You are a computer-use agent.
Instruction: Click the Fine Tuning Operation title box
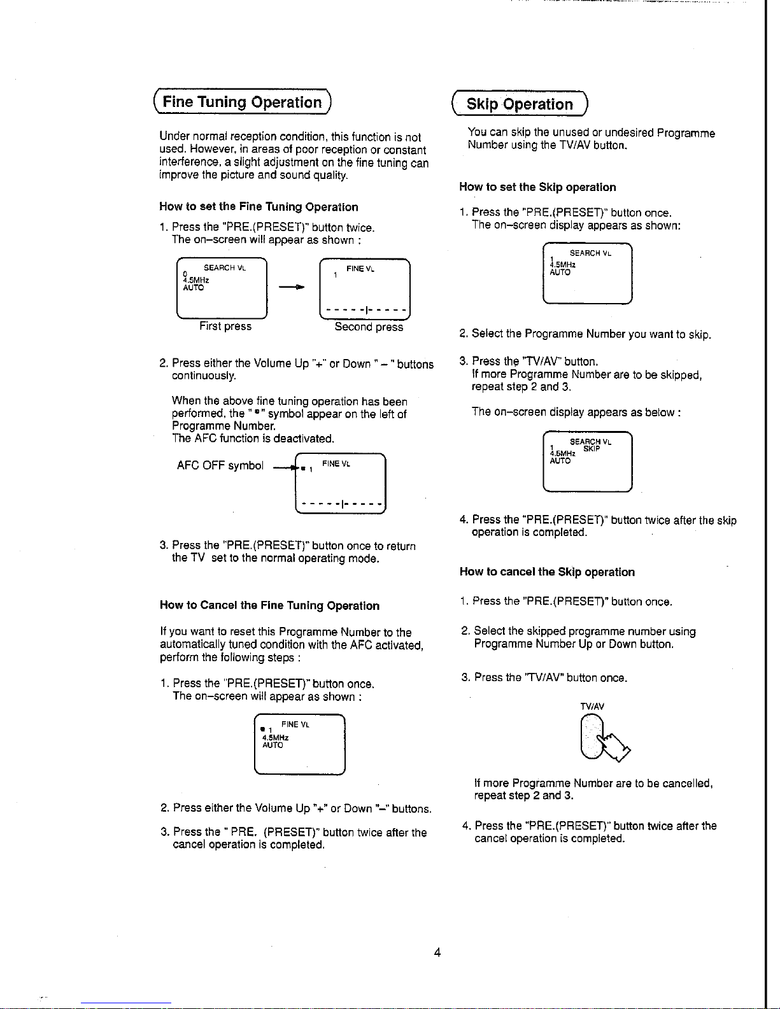[242, 102]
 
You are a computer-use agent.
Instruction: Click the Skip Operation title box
[520, 104]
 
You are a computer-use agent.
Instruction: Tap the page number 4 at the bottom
[437, 952]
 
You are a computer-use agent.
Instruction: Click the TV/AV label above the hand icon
[592, 707]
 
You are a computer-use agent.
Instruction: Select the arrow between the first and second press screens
[292, 287]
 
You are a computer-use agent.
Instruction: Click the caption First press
[225, 327]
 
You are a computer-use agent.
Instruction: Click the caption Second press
[369, 327]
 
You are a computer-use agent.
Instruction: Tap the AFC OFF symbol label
[220, 465]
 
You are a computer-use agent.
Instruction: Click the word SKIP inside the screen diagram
[592, 449]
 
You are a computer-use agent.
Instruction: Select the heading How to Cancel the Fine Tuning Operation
[269, 605]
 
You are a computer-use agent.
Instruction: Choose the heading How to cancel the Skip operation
[547, 572]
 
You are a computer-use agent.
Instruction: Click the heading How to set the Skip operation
[537, 187]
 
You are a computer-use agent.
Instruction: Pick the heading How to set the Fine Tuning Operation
[259, 207]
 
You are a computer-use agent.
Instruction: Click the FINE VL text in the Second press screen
[360, 269]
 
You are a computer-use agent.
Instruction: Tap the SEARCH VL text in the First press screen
[224, 268]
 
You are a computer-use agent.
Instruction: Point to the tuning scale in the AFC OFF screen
[342, 504]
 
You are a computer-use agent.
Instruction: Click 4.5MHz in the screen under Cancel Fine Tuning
[275, 738]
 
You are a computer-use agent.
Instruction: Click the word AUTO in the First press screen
[193, 288]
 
